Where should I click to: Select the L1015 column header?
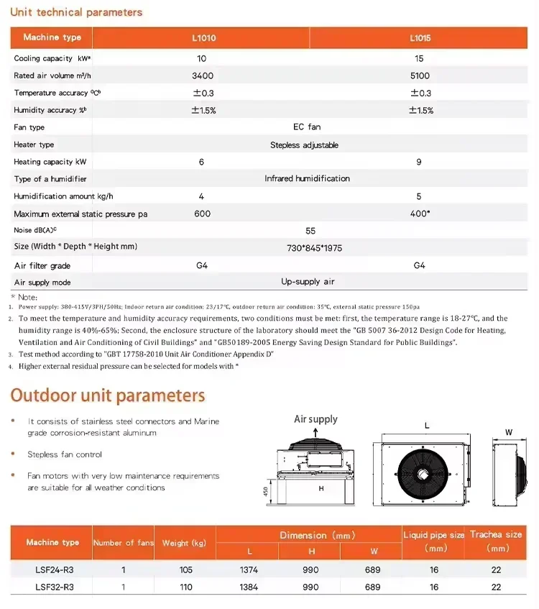[x=420, y=37]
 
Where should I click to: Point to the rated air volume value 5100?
[x=420, y=75]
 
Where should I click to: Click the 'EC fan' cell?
[x=307, y=127]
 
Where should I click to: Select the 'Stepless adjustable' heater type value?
[x=304, y=145]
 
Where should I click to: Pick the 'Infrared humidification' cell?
[x=307, y=178]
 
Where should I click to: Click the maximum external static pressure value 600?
[x=202, y=214]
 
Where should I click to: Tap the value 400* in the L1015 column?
[x=420, y=214]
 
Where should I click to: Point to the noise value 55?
[x=310, y=231]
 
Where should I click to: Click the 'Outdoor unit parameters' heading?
[x=107, y=395]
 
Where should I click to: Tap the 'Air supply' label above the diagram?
[x=315, y=419]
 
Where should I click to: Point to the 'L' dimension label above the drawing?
[x=427, y=426]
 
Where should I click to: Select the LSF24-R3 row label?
[x=54, y=569]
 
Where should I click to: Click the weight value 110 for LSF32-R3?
[x=186, y=587]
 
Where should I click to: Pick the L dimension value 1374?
[x=249, y=569]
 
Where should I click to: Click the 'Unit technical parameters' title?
[x=76, y=12]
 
